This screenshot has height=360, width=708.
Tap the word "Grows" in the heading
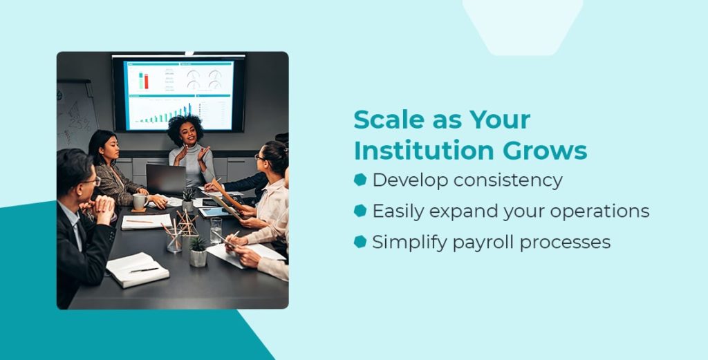tap(553, 150)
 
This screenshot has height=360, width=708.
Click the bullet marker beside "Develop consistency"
tap(360, 180)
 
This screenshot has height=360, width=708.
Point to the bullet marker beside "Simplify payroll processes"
tap(360, 242)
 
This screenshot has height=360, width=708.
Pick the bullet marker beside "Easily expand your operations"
tap(360, 211)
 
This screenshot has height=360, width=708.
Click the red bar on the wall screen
tap(146, 81)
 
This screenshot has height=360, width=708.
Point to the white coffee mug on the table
tap(139, 201)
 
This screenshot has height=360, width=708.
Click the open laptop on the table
tap(167, 180)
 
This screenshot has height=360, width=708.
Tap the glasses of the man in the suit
tap(92, 182)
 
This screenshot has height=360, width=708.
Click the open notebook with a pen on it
tap(137, 269)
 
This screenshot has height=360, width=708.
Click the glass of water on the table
tap(216, 230)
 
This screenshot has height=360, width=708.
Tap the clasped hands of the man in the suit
tap(102, 206)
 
